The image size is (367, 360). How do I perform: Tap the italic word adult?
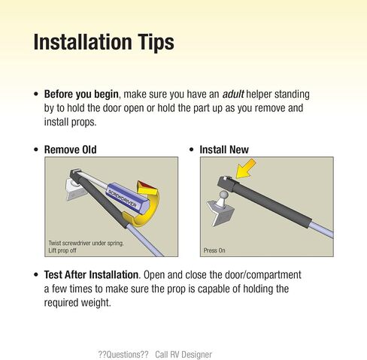click(233, 94)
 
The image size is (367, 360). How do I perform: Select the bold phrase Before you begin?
click(81, 95)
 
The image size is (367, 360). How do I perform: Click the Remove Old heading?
click(70, 150)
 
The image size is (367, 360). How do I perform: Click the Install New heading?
click(224, 150)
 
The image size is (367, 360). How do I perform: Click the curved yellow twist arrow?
click(144, 205)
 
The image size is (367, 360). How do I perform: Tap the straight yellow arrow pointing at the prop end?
click(246, 168)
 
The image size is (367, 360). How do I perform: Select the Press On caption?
click(214, 250)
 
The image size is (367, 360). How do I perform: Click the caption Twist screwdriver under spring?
click(86, 244)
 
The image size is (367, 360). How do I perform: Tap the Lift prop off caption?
click(62, 250)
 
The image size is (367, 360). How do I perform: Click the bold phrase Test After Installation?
click(91, 275)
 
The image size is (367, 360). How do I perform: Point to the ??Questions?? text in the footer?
click(123, 355)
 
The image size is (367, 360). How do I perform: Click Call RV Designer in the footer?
click(183, 355)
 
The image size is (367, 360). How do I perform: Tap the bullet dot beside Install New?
click(192, 150)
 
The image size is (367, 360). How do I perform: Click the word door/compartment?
click(263, 275)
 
